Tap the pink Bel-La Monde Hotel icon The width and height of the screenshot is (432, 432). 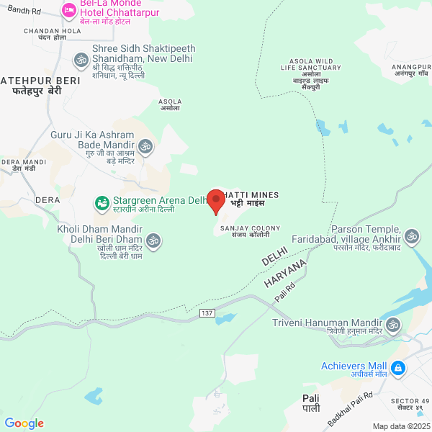69,10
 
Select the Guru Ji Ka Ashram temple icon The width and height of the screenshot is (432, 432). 146,147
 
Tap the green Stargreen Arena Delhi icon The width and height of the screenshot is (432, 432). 102,204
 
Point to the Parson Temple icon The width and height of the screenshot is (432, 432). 412,236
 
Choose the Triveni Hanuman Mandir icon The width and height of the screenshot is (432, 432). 394,326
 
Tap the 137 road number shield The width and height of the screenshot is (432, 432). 207,314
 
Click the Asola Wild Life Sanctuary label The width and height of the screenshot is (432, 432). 310,71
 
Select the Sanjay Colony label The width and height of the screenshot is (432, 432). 245,231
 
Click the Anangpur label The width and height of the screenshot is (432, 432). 411,70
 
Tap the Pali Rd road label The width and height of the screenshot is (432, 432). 285,290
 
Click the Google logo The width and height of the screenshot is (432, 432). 24,423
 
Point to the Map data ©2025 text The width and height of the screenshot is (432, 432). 400,426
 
